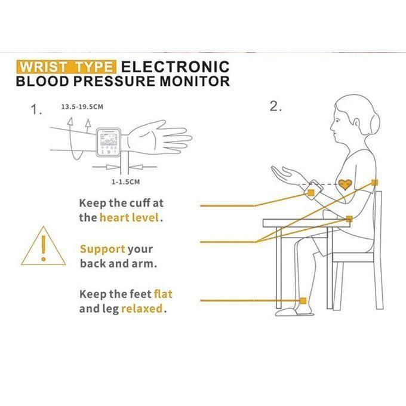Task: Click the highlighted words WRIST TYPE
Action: pyautogui.click(x=66, y=67)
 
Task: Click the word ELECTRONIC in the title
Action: pyautogui.click(x=176, y=67)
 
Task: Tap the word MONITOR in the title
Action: pyautogui.click(x=195, y=81)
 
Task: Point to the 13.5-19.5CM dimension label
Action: pyautogui.click(x=82, y=107)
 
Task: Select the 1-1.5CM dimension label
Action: pyautogui.click(x=125, y=182)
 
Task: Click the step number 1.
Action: pyautogui.click(x=36, y=109)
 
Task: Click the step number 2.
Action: pyautogui.click(x=275, y=106)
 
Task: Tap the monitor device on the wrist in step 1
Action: pyautogui.click(x=109, y=143)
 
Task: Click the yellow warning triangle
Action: pyautogui.click(x=43, y=246)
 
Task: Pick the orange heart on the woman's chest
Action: pyautogui.click(x=345, y=184)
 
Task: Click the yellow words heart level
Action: pyautogui.click(x=129, y=217)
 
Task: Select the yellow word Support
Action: pyautogui.click(x=103, y=249)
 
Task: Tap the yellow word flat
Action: pyautogui.click(x=163, y=294)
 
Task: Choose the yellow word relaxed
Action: pyautogui.click(x=142, y=309)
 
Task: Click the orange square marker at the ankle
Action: pyautogui.click(x=303, y=300)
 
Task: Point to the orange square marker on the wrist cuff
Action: pyautogui.click(x=311, y=193)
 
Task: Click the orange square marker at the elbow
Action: pyautogui.click(x=349, y=219)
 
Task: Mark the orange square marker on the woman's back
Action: pyautogui.click(x=374, y=183)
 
